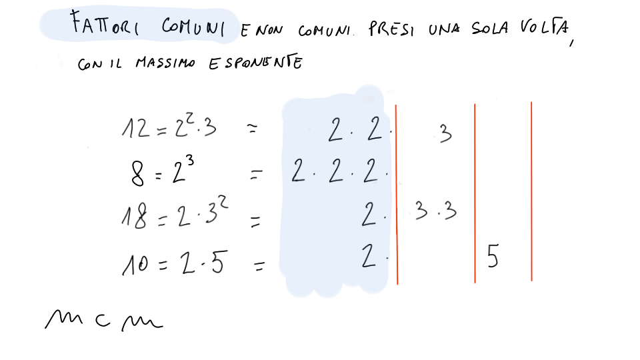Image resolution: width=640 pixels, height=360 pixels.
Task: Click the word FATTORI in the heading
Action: click(105, 23)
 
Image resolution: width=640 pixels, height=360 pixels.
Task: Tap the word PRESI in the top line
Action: click(391, 29)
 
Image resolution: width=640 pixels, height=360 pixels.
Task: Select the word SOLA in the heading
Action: click(490, 28)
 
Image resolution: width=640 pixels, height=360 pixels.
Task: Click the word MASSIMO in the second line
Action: click(165, 63)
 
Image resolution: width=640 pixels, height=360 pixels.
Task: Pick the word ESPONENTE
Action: click(255, 63)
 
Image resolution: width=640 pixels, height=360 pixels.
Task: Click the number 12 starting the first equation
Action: click(136, 128)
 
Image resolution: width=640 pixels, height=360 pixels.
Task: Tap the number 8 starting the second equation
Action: click(137, 173)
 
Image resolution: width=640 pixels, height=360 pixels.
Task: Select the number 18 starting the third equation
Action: click(134, 216)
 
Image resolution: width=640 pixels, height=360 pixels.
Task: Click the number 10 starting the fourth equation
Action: click(135, 264)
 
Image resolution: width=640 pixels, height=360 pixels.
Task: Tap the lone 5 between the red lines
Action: click(493, 255)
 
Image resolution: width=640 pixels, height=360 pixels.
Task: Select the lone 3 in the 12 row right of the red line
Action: click(446, 133)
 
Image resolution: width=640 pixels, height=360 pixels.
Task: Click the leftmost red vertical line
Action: click(396, 194)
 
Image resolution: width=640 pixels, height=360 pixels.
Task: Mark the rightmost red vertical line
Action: click(531, 191)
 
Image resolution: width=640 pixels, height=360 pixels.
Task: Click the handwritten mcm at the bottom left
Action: click(104, 319)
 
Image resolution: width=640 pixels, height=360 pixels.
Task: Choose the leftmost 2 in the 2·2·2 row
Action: click(299, 170)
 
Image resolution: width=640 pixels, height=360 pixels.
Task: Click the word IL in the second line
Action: click(115, 64)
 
